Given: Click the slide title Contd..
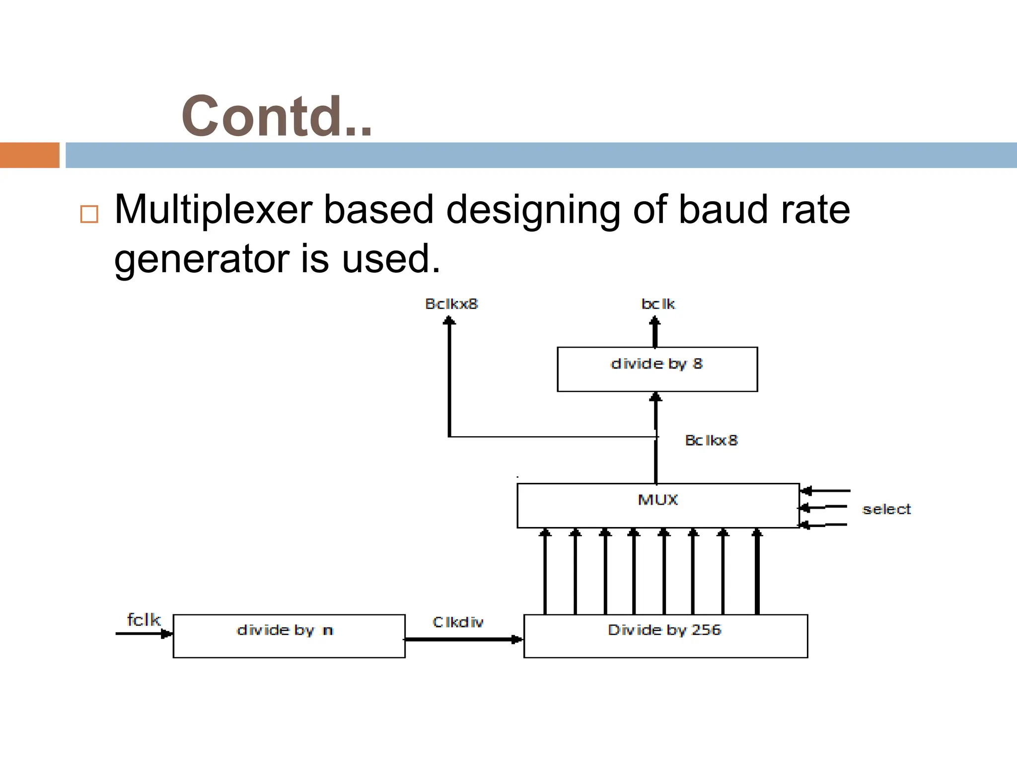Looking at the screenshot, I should [x=276, y=117].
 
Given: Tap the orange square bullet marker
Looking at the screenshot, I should [x=89, y=214].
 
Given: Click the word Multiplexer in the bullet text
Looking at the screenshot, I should [x=214, y=210].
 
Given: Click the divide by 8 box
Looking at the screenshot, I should [x=657, y=370].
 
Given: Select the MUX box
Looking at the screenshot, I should [x=657, y=505].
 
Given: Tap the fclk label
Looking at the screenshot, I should [x=144, y=619].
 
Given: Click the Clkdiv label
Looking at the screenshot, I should [x=457, y=622].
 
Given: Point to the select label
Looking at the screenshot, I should [x=886, y=509].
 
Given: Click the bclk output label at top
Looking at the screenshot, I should [x=658, y=304].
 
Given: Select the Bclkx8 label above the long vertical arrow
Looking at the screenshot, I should [x=451, y=304].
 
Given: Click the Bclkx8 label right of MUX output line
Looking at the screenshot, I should [x=711, y=440].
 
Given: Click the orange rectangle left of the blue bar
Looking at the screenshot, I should [x=29, y=155].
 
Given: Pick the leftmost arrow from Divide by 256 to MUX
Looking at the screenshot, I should [x=545, y=571].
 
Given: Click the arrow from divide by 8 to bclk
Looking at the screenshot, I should [x=655, y=332].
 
